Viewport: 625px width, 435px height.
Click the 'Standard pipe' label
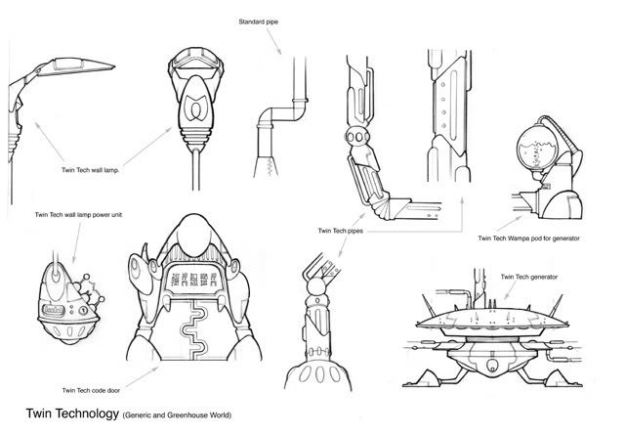click(x=258, y=22)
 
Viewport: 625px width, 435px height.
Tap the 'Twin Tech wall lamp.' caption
click(x=91, y=170)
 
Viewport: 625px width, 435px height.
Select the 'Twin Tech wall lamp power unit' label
click(x=78, y=215)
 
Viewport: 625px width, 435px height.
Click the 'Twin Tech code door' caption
click(x=91, y=390)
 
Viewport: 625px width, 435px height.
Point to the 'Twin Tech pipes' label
click(x=341, y=231)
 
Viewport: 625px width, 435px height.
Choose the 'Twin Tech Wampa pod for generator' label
click(x=529, y=239)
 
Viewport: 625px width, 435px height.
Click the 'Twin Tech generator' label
click(x=529, y=277)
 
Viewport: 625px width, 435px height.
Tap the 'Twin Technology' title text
click(x=72, y=413)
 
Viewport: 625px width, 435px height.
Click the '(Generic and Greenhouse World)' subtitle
click(x=177, y=415)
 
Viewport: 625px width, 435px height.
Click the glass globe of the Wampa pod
click(x=536, y=149)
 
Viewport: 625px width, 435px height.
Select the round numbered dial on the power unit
click(x=83, y=309)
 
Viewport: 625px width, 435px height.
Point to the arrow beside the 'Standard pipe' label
click(x=273, y=41)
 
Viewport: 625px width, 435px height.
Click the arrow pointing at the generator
click(x=511, y=290)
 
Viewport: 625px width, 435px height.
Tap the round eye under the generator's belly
click(x=493, y=365)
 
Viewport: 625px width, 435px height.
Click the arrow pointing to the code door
click(x=142, y=377)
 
